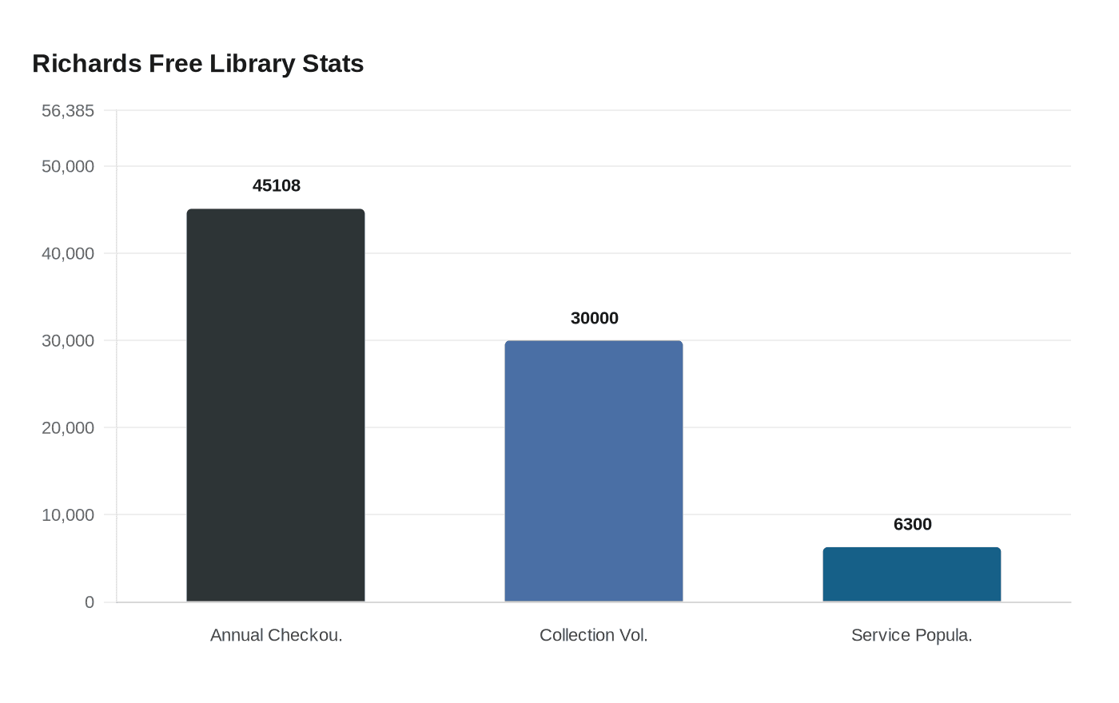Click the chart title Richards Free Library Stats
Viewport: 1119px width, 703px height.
pos(197,64)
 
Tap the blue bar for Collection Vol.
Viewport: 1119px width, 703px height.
pos(594,471)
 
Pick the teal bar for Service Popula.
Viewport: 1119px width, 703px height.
pos(912,574)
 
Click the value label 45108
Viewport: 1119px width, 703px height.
pos(277,185)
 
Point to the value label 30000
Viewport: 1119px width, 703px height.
pos(595,318)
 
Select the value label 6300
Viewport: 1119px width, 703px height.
pos(912,524)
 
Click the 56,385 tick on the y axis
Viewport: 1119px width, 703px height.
pos(68,111)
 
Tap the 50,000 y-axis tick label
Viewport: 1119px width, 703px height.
pos(68,166)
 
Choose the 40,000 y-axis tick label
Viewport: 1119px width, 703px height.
pos(68,253)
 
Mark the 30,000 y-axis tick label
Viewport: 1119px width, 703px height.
pos(68,340)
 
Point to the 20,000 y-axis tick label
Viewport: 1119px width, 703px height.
pos(68,427)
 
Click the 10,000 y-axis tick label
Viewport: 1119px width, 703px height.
pos(68,514)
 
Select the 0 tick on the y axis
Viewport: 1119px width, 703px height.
pos(90,602)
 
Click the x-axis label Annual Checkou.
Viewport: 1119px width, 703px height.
pos(276,635)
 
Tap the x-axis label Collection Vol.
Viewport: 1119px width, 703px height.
pos(594,635)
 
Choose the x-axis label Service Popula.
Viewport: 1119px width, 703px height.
pos(912,635)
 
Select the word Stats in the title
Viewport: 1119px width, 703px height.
pos(333,64)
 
